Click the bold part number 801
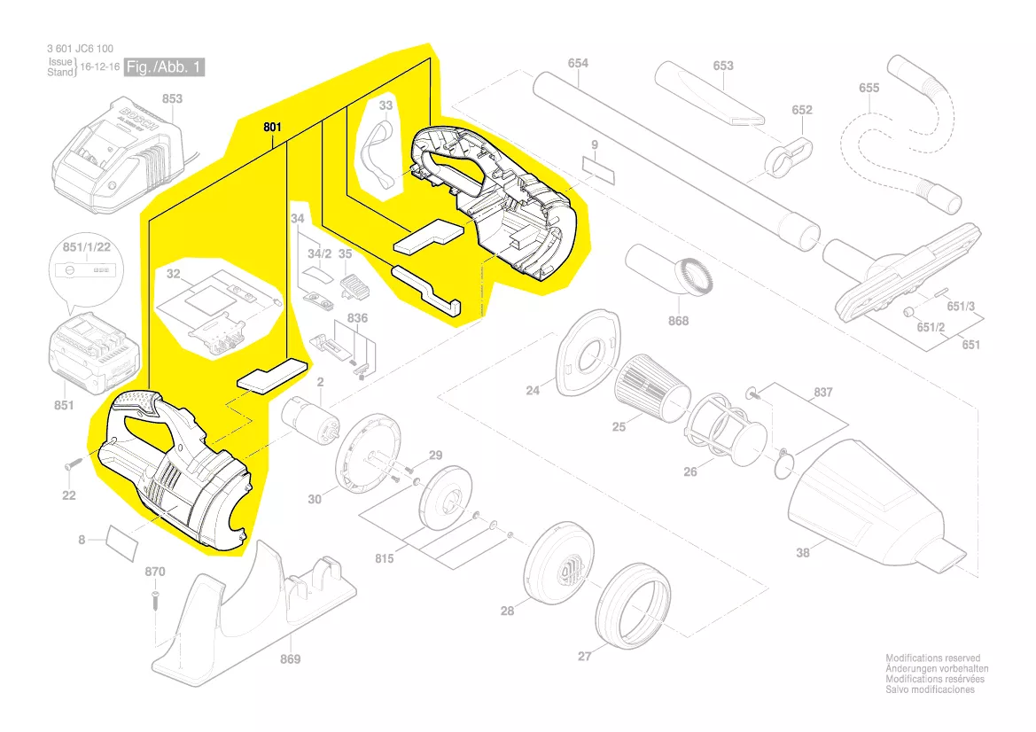click(x=272, y=127)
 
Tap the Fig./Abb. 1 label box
click(x=164, y=66)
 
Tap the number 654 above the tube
click(x=578, y=63)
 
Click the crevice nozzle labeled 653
click(x=709, y=95)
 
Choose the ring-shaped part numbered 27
click(x=632, y=604)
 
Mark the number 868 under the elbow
click(x=678, y=321)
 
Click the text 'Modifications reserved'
click(x=933, y=658)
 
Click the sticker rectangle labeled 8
click(x=122, y=544)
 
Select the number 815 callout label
click(x=384, y=559)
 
